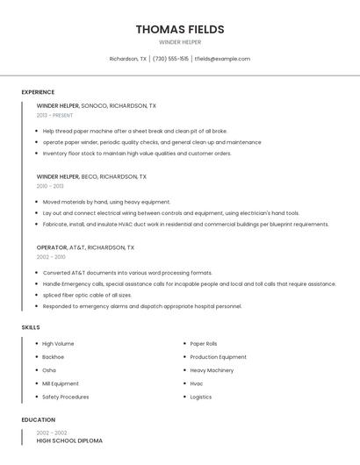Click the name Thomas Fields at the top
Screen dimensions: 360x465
tap(180, 29)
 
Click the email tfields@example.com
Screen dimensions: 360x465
tap(222, 59)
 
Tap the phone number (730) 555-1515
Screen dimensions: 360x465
tap(171, 59)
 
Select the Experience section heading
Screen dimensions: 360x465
tap(38, 92)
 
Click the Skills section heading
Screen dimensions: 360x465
tap(31, 327)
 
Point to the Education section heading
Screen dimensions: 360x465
tap(39, 419)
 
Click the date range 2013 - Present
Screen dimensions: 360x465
tap(54, 115)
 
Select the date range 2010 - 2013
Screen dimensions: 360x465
tap(50, 186)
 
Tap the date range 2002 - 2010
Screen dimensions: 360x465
tap(51, 257)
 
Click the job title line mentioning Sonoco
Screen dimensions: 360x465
tap(97, 105)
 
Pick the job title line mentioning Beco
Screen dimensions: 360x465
tap(91, 176)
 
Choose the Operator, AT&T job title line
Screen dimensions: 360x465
tap(85, 247)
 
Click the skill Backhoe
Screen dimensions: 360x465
tap(53, 357)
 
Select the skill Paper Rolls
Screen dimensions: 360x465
tap(204, 344)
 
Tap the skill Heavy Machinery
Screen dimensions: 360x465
tap(212, 370)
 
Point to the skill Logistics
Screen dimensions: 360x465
tap(202, 397)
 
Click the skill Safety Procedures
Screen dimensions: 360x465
tap(65, 397)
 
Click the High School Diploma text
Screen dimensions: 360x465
tap(69, 440)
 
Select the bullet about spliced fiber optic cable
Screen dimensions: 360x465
tap(87, 295)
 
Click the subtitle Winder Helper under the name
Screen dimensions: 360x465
tap(180, 42)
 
